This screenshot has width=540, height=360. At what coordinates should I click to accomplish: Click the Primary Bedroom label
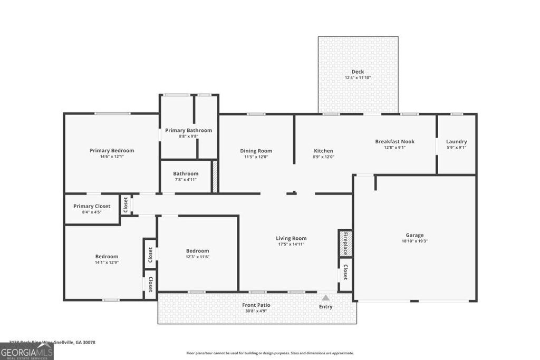click(x=112, y=150)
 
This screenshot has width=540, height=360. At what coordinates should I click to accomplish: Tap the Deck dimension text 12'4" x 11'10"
click(x=358, y=78)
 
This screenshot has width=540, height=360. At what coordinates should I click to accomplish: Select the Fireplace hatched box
click(x=345, y=243)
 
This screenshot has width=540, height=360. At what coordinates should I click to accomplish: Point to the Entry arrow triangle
click(x=326, y=298)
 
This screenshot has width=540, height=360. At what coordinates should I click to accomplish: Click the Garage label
click(x=414, y=235)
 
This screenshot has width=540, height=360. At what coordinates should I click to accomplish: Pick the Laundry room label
click(x=456, y=141)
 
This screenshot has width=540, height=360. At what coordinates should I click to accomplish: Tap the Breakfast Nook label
click(x=394, y=141)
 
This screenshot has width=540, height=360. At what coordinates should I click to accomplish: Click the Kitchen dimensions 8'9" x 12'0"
click(x=323, y=157)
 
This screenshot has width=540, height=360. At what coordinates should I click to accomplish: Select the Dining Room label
click(x=256, y=151)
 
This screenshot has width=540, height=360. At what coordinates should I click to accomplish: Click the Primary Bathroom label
click(x=188, y=130)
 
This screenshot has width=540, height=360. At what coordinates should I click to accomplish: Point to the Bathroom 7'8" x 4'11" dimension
click(x=186, y=180)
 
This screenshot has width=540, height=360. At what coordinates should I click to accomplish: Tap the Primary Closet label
click(x=92, y=206)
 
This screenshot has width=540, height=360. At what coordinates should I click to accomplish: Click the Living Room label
click(x=291, y=238)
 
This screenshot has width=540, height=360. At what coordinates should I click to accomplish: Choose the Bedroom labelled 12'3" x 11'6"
click(x=197, y=251)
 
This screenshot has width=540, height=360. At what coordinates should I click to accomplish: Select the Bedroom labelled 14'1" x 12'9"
click(x=107, y=257)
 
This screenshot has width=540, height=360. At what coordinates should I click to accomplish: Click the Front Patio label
click(x=256, y=305)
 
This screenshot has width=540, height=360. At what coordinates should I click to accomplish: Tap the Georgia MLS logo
click(x=26, y=352)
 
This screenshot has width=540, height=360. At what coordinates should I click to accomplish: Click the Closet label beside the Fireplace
click(x=345, y=272)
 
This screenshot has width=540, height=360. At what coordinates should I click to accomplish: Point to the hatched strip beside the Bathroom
click(x=215, y=177)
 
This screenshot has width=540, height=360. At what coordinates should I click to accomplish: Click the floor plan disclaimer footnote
click(x=270, y=353)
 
